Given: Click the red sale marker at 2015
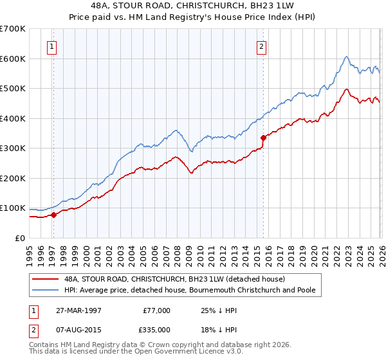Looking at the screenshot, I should tap(263, 138).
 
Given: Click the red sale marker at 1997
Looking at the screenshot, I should tap(54, 215).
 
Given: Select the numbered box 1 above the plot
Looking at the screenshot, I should tap(51, 46).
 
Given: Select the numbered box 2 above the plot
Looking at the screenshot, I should tap(262, 46).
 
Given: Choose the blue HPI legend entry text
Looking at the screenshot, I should tap(190, 291).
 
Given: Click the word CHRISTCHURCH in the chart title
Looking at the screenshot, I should tap(222, 7).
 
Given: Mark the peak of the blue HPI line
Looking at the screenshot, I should tap(346, 57).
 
